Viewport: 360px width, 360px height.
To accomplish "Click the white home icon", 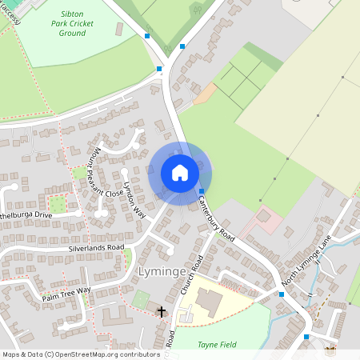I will [180, 173].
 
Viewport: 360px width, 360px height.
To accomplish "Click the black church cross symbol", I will [162, 310].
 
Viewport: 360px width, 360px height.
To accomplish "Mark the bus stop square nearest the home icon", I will [201, 191].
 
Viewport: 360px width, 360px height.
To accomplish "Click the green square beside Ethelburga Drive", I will [57, 204].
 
